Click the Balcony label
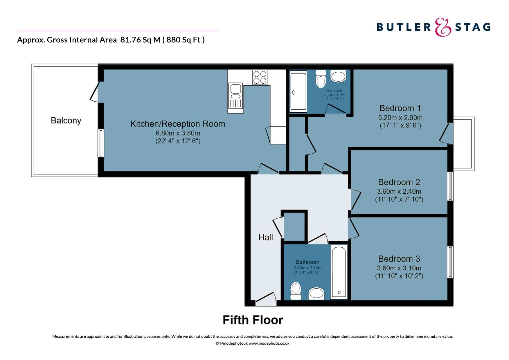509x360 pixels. pos(66,121)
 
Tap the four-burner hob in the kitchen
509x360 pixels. pos(260,77)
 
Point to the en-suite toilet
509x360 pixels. pos(321,79)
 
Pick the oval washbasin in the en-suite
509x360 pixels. pos(338,76)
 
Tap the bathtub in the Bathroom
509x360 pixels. pos(339,272)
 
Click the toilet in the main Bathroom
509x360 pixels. pos(295,291)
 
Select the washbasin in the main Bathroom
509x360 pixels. pos(316,293)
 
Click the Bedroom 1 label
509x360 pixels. pos(400,108)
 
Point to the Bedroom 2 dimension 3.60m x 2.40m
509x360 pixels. pos(399,191)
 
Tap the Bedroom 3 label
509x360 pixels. pos(399,259)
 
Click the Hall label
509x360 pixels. pos(265,237)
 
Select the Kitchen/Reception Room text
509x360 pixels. pos(178,124)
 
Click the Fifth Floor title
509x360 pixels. pos(253,320)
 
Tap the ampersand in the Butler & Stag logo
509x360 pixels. pos(443,27)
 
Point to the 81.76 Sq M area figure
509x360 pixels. pos(140,40)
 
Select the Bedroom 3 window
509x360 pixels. pos(450,262)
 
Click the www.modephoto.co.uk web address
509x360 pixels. pos(269,343)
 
